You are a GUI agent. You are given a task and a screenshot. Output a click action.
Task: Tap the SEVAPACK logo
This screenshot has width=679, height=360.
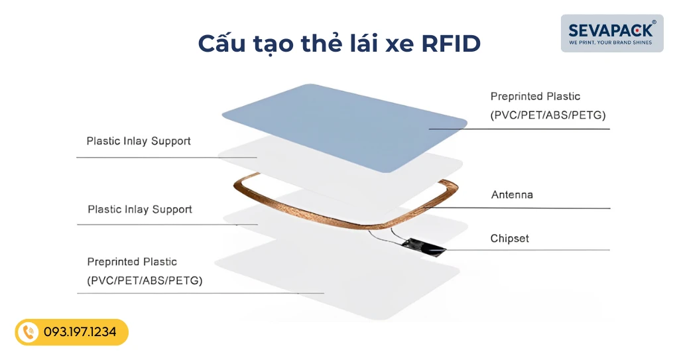pyautogui.click(x=611, y=30)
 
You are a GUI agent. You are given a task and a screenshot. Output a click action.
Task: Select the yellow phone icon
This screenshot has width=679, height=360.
pyautogui.click(x=28, y=332)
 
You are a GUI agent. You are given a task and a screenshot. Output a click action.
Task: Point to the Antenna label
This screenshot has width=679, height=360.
pyautogui.click(x=512, y=195)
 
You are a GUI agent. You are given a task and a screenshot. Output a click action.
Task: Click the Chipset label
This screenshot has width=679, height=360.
pyautogui.click(x=509, y=238)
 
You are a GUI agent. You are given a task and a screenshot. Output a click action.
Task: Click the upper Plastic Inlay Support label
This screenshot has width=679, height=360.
pyautogui.click(x=139, y=141)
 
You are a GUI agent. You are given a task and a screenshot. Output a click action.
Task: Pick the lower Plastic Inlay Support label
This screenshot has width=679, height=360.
pyautogui.click(x=140, y=210)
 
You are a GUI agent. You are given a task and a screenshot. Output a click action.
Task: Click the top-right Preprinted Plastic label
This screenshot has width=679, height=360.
pyautogui.click(x=535, y=97)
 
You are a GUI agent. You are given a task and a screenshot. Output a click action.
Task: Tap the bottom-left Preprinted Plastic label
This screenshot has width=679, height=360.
pyautogui.click(x=132, y=262)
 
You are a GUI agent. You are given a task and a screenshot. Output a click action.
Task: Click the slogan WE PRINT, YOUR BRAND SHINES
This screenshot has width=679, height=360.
pyautogui.click(x=611, y=42)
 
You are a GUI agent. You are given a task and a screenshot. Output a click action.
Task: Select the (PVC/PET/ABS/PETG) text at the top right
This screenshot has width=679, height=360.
pyautogui.click(x=548, y=115)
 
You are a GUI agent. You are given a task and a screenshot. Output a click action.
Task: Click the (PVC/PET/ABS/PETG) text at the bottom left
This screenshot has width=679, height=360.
pyautogui.click(x=145, y=280)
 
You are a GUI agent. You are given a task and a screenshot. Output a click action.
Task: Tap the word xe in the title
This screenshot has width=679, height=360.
pyautogui.click(x=395, y=43)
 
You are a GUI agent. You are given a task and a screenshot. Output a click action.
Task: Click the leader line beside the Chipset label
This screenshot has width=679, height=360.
pyautogui.click(x=530, y=250)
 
